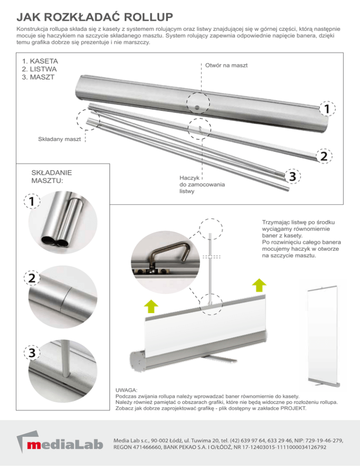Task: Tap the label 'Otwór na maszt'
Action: [x=226, y=65]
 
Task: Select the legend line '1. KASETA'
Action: [x=40, y=61]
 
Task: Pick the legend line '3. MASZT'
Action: [x=38, y=77]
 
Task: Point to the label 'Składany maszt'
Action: [x=59, y=139]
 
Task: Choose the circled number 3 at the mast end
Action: [x=292, y=177]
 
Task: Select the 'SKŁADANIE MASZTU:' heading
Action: [x=52, y=176]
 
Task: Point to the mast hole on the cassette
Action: [x=197, y=107]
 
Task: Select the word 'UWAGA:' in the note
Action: [x=126, y=390]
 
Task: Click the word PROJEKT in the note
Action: [x=293, y=408]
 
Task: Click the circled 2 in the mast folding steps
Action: [x=31, y=278]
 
